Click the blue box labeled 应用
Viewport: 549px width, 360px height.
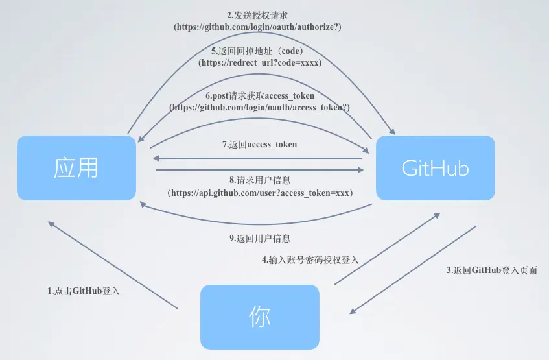click(76, 168)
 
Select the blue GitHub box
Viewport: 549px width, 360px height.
click(436, 168)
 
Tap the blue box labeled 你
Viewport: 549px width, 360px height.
click(260, 317)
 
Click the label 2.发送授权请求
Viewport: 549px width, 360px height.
click(257, 15)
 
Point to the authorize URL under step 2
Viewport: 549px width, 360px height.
click(257, 27)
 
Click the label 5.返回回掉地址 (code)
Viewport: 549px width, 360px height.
click(258, 51)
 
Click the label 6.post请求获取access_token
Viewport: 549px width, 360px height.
click(259, 95)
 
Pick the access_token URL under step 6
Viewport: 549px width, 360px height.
click(259, 108)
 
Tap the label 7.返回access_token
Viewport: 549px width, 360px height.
click(259, 144)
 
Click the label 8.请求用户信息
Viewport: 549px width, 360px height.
click(259, 181)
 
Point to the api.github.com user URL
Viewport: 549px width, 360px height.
click(259, 193)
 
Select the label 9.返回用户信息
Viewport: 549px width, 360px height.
click(260, 238)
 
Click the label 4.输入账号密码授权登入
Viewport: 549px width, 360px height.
click(310, 259)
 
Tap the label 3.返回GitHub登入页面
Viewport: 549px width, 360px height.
click(492, 270)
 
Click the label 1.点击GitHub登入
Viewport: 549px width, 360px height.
click(84, 291)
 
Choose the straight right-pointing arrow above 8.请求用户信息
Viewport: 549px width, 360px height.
click(259, 170)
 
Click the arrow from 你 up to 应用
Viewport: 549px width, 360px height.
click(113, 265)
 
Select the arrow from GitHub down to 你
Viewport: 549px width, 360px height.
click(414, 269)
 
